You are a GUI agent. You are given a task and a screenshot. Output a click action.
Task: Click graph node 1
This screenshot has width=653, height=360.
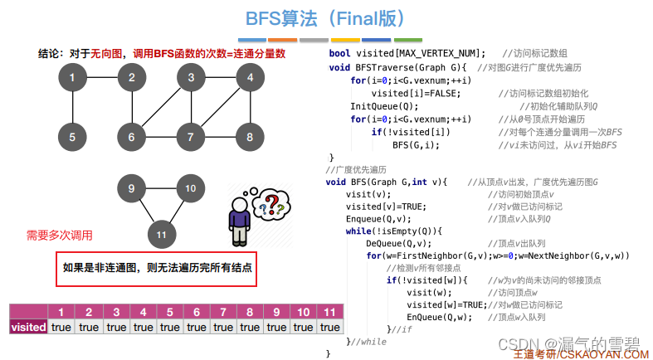coord(73,79)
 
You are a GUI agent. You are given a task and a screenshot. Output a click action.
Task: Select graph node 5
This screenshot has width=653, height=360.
coord(73,136)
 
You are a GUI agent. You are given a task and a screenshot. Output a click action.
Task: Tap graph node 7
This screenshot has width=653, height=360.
coord(191,136)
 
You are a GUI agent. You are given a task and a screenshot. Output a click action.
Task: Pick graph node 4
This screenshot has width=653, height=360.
coord(246,79)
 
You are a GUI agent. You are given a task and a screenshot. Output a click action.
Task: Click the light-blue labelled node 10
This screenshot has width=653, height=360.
coord(191,188)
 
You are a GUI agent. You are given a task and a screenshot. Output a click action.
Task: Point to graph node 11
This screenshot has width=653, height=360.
coord(161,235)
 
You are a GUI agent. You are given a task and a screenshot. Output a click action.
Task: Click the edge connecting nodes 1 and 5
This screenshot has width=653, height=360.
coord(73,108)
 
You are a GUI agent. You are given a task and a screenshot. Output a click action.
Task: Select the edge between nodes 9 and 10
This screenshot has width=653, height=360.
coord(161,188)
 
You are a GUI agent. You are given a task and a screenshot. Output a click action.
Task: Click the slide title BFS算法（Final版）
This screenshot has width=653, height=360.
coord(326,18)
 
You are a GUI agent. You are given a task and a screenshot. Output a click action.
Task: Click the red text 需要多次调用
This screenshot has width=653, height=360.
coord(60,236)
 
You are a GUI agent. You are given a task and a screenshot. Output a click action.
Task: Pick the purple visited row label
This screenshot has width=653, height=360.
coord(28,327)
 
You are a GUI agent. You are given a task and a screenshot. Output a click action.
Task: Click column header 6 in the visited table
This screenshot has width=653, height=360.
coord(196,312)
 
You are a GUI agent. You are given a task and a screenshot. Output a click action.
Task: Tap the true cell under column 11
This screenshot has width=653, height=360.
coord(330,327)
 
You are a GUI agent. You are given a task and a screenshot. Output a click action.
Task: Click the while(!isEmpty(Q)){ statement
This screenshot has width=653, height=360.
coord(394,231)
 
